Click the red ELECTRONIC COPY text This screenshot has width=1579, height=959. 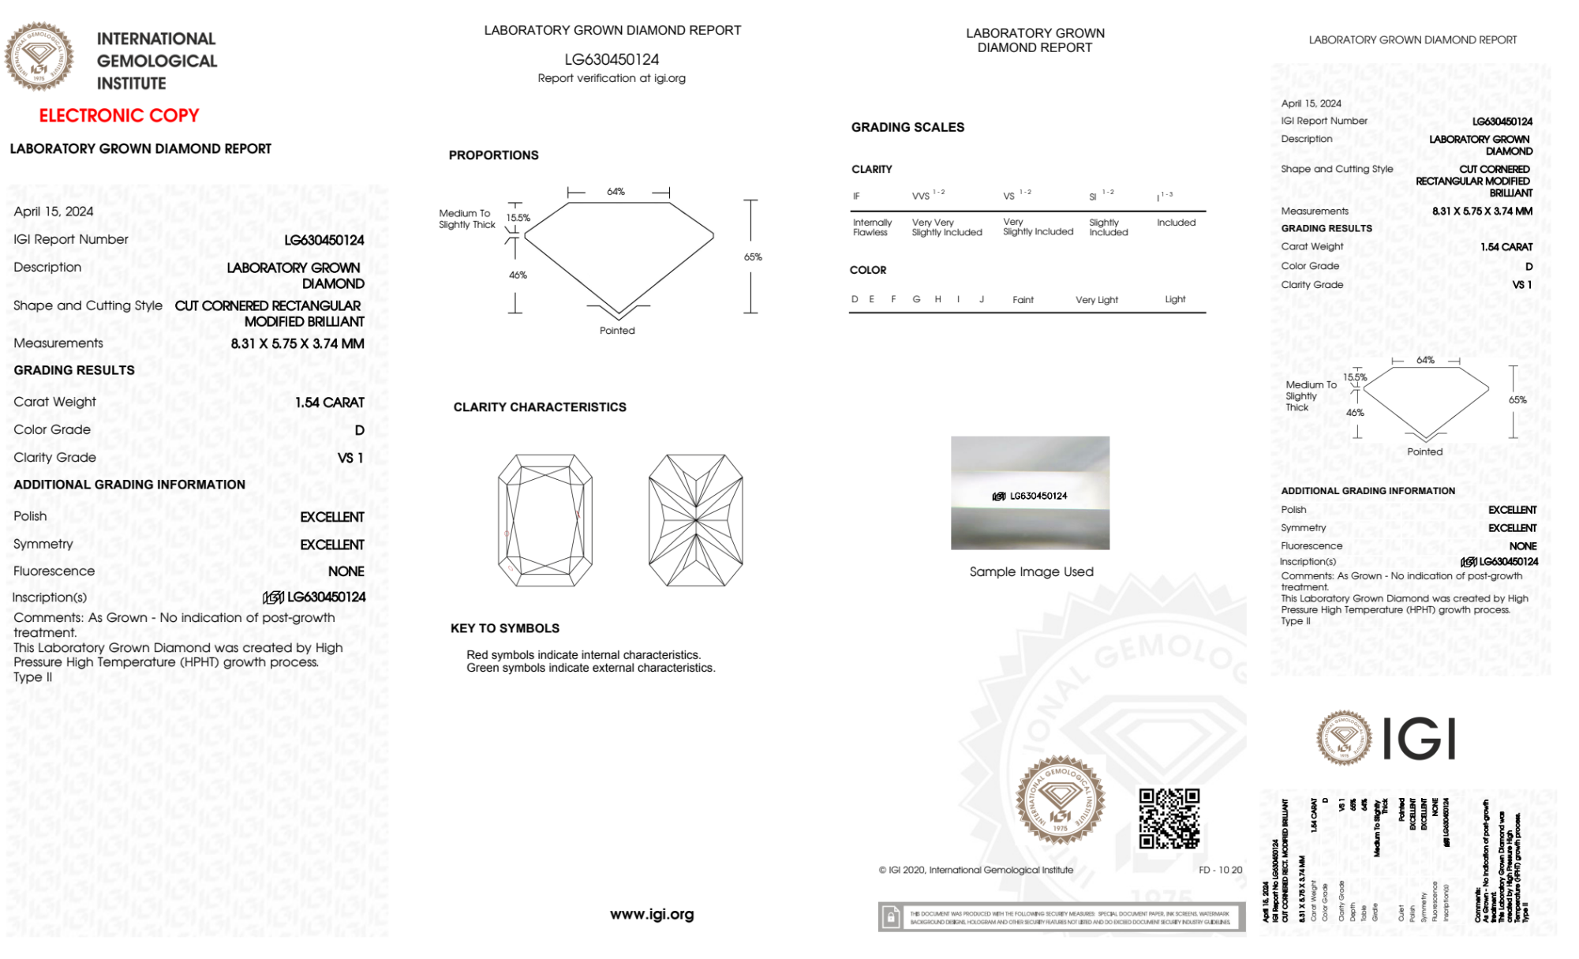coord(119,115)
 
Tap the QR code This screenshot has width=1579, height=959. coord(1169,819)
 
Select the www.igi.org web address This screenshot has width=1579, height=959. coord(652,914)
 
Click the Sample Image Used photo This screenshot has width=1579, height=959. coord(1030,493)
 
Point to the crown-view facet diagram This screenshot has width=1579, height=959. coord(544,520)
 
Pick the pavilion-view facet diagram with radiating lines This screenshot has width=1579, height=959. coord(695,520)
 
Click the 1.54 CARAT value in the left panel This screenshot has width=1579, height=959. coord(330,403)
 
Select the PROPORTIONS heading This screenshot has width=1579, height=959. coord(493,155)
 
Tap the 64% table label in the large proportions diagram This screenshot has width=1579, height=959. coord(616,192)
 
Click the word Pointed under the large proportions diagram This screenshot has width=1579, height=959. coord(617,331)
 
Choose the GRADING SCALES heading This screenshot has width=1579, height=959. coord(907,127)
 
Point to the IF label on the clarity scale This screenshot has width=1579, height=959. coord(856,197)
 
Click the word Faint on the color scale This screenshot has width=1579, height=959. coord(1023,300)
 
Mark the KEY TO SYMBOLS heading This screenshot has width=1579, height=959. coord(505,628)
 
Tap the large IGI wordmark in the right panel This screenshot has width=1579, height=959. coord(1420,739)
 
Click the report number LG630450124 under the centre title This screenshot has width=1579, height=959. coord(612,59)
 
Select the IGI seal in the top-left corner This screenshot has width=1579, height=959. coord(39,56)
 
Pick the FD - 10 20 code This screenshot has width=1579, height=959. coord(1220,870)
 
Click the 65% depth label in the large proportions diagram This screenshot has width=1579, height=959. coord(753,257)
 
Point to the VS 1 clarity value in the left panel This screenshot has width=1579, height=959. coord(350,458)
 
